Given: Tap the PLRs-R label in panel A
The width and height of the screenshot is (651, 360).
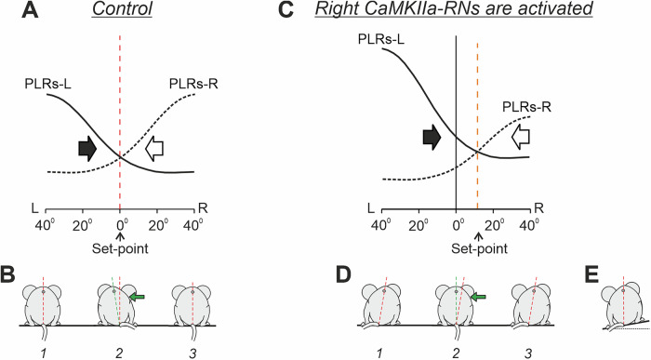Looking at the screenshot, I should [x=193, y=85].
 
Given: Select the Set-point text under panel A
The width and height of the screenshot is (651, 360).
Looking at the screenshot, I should [x=120, y=248].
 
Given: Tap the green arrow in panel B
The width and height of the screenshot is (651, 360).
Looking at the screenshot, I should [x=138, y=296].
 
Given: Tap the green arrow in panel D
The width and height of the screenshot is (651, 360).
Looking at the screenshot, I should [x=479, y=296].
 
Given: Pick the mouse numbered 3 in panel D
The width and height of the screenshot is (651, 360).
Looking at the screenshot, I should [x=535, y=302].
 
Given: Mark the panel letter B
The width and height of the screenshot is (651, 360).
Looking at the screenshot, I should [x=12, y=275].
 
